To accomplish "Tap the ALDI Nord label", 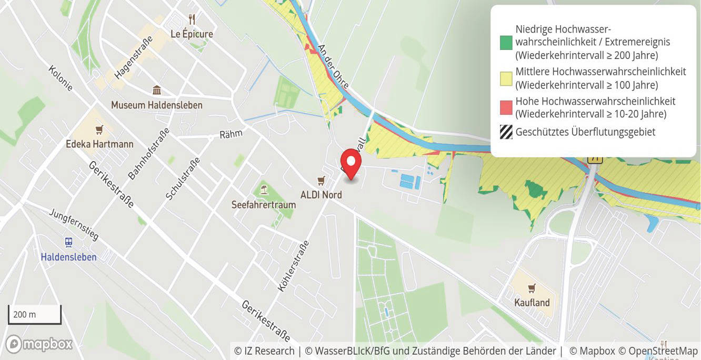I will point(321,195).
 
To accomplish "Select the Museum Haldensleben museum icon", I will point(156,91).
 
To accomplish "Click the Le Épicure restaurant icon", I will point(192,19).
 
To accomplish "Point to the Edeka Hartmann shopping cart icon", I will point(99,129).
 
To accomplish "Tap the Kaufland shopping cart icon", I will point(532,288).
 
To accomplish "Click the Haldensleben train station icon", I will point(68,243).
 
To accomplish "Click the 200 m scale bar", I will point(35,315).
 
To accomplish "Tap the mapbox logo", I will point(39,344).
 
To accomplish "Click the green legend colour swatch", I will point(506,43).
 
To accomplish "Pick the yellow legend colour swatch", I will point(506,78).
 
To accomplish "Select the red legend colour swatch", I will point(506,108).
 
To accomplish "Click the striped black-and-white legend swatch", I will point(506,132).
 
